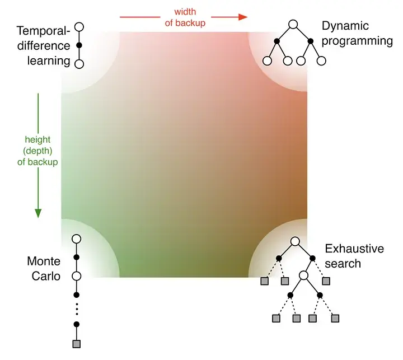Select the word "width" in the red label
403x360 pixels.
coord(185,11)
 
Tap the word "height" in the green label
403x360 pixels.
coord(38,139)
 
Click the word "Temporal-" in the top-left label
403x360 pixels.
coord(44,31)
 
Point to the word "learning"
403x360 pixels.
coord(48,59)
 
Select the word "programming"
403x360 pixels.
coord(358,40)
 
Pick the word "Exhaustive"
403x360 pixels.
coord(354,249)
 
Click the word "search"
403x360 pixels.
coord(343,263)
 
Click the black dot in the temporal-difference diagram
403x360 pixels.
coord(79,45)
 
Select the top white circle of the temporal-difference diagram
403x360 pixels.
coord(79,26)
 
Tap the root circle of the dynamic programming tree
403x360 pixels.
coord(293,25)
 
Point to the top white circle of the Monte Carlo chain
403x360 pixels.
coord(77,239)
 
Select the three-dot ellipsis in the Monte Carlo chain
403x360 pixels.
coord(77,309)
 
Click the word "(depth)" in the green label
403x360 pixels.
coord(38,151)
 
